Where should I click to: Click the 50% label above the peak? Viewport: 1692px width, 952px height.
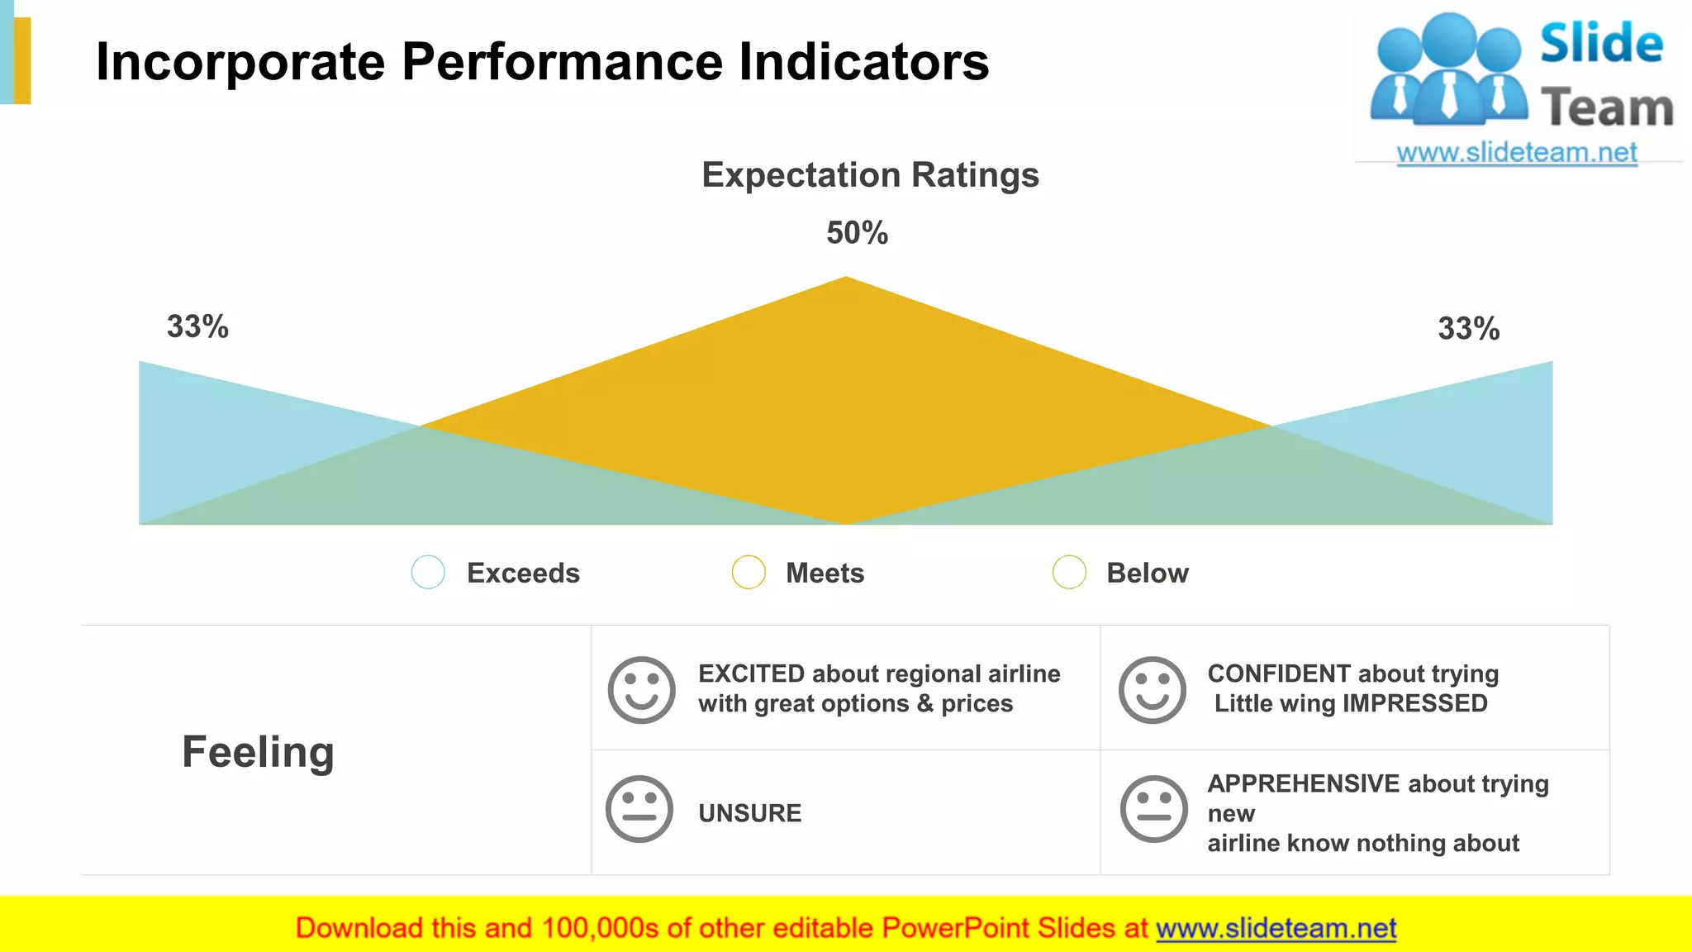point(857,233)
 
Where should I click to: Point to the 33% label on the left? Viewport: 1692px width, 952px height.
point(197,326)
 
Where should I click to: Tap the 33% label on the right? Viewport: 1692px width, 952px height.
point(1468,328)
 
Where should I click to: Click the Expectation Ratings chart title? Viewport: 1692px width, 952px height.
point(870,175)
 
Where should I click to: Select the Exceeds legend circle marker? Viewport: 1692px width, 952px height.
point(428,572)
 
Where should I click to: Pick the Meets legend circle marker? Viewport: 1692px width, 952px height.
point(749,572)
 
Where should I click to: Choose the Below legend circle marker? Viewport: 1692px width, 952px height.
point(1069,572)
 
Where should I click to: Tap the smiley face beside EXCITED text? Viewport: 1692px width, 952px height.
point(641,690)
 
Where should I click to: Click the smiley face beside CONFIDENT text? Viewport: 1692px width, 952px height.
point(1152,690)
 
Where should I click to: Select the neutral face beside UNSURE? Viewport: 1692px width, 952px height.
point(639,809)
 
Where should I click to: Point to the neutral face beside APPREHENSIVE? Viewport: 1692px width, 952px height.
point(1153,809)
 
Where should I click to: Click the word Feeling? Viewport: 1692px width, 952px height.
point(258,752)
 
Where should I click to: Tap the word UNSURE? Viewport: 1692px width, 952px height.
point(749,813)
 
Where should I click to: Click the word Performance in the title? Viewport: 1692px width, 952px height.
point(563,62)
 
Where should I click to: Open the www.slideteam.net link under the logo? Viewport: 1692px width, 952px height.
point(1516,153)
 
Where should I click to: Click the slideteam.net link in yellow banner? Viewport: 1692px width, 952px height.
point(1276,928)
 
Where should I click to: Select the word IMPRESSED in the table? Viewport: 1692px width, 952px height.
point(1415,703)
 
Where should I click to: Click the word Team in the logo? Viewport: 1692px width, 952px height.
point(1606,108)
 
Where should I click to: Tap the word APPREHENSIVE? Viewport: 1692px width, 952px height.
point(1304,783)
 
